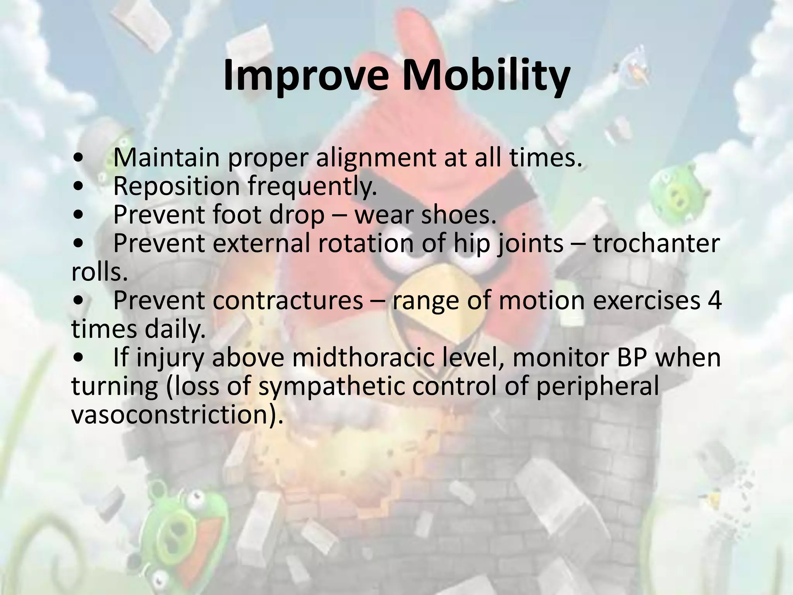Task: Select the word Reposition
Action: coord(177,187)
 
